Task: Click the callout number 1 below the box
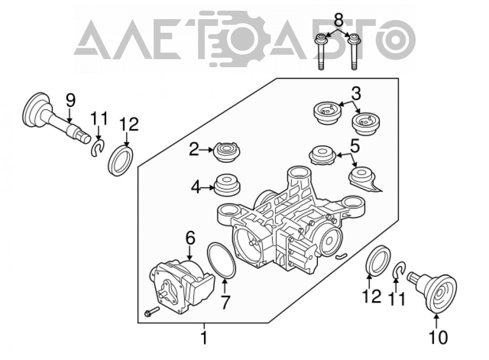click(204, 338)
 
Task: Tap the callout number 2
click(194, 150)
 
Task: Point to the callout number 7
click(225, 302)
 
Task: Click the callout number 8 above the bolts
click(338, 19)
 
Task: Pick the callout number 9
click(70, 101)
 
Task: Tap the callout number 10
click(439, 337)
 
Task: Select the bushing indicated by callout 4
click(227, 185)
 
